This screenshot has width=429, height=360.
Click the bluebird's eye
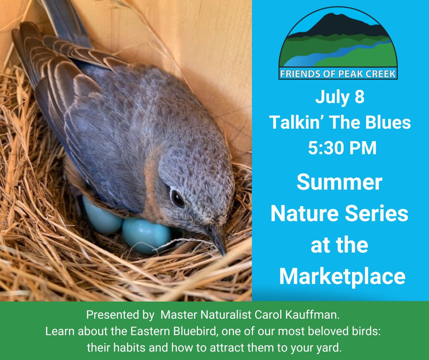tap(177, 198)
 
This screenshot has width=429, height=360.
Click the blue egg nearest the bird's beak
tap(147, 236)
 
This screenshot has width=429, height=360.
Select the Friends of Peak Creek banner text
tap(338, 74)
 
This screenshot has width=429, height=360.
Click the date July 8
tap(340, 97)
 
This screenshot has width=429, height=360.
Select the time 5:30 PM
tap(342, 148)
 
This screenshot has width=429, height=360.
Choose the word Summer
tap(339, 183)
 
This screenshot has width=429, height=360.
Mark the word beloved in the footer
tap(330, 331)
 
